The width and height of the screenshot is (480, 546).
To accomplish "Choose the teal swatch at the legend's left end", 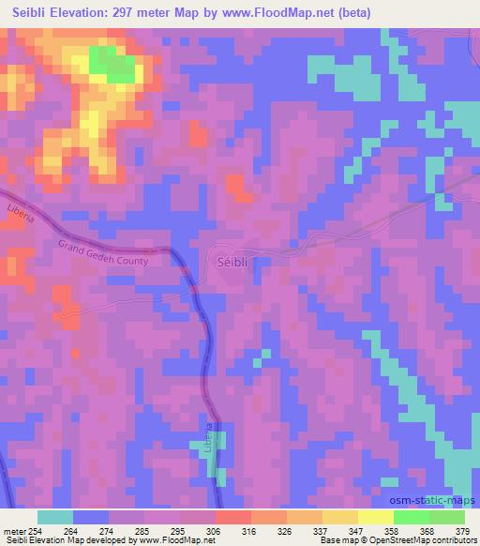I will point(54,517).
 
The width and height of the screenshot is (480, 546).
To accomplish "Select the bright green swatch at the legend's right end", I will point(446,517).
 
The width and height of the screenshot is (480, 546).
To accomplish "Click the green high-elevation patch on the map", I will point(112,63).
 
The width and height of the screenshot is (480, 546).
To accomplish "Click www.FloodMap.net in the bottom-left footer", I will point(179,540).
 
